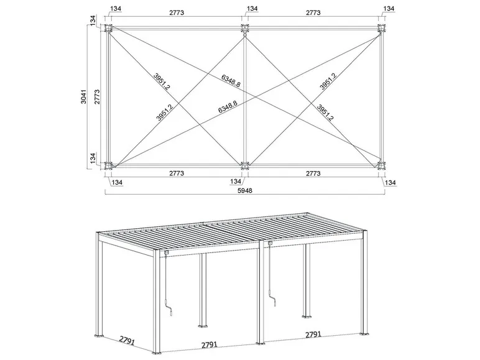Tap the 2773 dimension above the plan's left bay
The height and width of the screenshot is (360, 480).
coord(176,11)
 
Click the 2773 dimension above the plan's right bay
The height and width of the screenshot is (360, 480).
coord(312,11)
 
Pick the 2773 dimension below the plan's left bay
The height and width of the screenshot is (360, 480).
coord(176,174)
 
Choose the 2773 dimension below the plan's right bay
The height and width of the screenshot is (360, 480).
coord(312,174)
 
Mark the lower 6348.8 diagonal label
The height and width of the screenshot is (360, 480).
coord(228,108)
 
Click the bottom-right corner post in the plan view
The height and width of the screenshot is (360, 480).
coord(381,165)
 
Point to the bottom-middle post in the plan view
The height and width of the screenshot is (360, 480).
coord(244,165)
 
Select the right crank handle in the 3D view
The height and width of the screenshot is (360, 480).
coord(271,301)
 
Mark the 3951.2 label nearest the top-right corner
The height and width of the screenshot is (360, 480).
coord(328,81)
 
